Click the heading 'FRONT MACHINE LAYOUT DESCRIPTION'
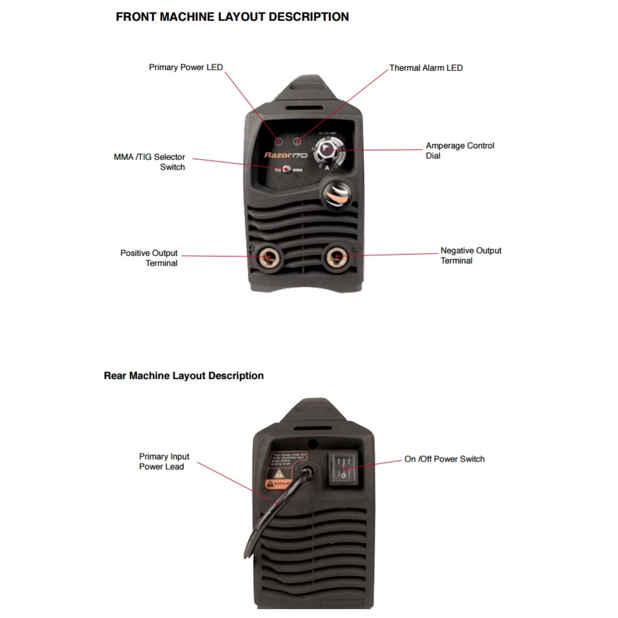click(x=232, y=17)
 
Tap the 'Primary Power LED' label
click(x=186, y=67)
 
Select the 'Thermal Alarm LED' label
click(x=426, y=68)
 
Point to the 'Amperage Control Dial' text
click(x=460, y=151)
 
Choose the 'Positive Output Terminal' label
click(x=149, y=258)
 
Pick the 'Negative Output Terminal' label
click(x=471, y=255)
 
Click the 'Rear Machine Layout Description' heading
click(x=183, y=376)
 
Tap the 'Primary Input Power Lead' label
click(x=164, y=462)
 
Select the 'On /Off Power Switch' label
click(x=444, y=459)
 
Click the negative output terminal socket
click(x=337, y=256)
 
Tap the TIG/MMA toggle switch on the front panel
click(x=286, y=169)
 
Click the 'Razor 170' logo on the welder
click(x=285, y=155)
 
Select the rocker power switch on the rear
click(x=343, y=468)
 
